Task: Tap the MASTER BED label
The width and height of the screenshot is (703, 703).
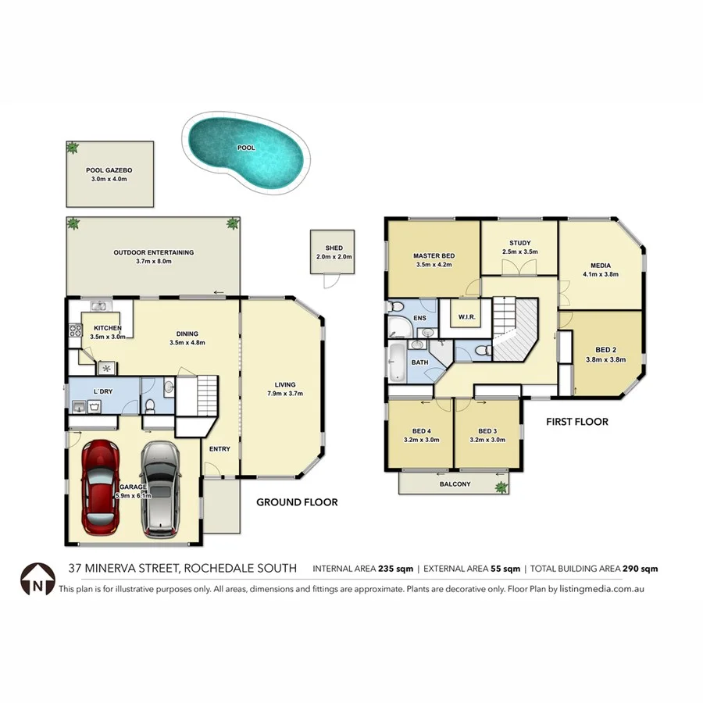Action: click(434, 255)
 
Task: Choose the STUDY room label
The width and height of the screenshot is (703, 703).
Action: click(519, 243)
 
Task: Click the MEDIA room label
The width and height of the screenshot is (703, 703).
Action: click(601, 265)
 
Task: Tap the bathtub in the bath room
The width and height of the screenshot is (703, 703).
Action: click(397, 362)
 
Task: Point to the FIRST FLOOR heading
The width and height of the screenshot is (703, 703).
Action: click(577, 422)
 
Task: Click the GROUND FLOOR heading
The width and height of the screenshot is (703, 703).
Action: click(297, 502)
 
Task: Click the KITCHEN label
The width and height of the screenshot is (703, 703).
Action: click(107, 328)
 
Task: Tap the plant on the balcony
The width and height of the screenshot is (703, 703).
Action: click(500, 487)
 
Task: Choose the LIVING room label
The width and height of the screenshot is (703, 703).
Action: click(285, 384)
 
